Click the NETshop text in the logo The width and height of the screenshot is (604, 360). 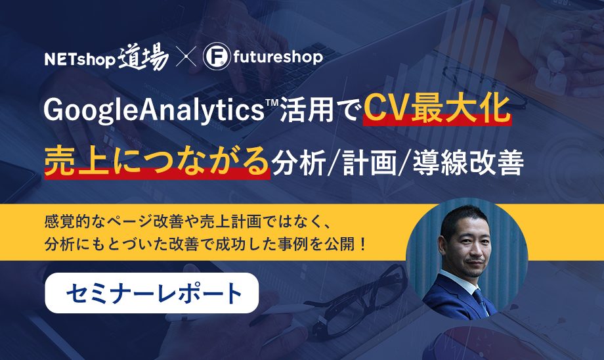pyautogui.click(x=80, y=60)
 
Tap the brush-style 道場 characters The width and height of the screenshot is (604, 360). pyautogui.click(x=143, y=57)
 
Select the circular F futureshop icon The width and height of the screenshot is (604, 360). pyautogui.click(x=217, y=56)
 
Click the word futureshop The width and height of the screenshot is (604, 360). pyautogui.click(x=278, y=57)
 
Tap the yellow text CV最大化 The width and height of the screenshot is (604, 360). pyautogui.click(x=437, y=109)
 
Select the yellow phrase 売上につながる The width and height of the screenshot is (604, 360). pyautogui.click(x=156, y=160)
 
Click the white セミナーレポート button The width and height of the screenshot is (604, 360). pyautogui.click(x=152, y=293)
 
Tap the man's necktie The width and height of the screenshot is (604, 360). pyautogui.click(x=481, y=302)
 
